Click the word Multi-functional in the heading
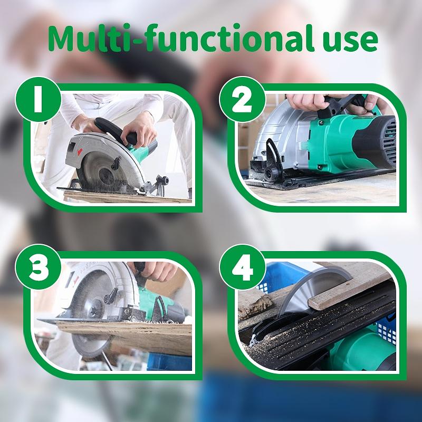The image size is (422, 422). pos(181,38)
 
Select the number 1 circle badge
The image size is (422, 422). pos(38,100)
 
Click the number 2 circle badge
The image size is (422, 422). pos(242,100)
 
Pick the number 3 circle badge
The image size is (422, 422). pos(38,267)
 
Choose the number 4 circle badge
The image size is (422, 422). pos(242,267)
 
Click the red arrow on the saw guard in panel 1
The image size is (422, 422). pos(80,151)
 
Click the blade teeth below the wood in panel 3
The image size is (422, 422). pos(89,347)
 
